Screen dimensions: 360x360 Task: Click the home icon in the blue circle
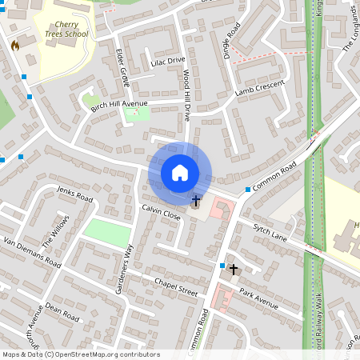click(x=180, y=172)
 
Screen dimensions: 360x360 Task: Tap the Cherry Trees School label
click(x=66, y=30)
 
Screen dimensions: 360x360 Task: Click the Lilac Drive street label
click(x=166, y=61)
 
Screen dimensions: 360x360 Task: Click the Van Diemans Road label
click(x=32, y=252)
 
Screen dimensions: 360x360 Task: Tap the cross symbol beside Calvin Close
click(x=196, y=199)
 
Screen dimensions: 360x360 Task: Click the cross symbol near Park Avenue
click(x=234, y=270)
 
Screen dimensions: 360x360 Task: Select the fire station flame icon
click(x=14, y=46)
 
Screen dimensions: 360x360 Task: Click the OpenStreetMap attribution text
click(x=81, y=354)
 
